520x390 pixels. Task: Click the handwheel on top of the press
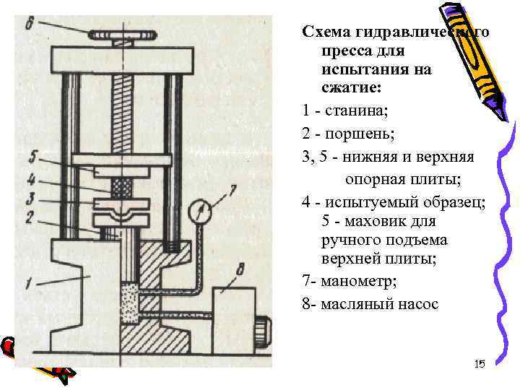[121, 35]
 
